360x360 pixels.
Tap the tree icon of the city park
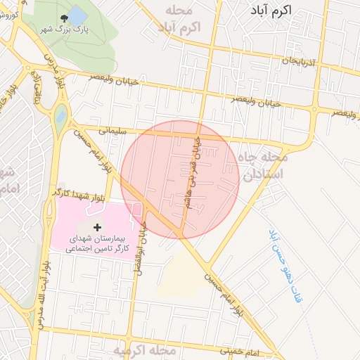pos(65,18)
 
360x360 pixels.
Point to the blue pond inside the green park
pos(77,15)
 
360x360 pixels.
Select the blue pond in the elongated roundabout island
pos(61,113)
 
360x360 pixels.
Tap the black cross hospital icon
pos(97,229)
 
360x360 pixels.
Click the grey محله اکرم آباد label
pos(179,19)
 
